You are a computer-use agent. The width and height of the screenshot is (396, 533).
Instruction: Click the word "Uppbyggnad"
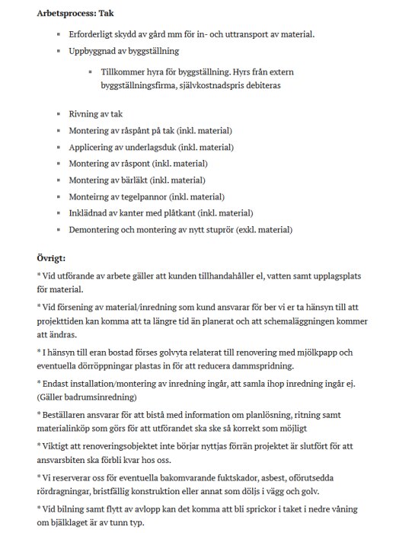(x=94, y=52)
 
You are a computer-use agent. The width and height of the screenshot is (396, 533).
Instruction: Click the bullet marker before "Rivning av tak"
(x=58, y=114)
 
